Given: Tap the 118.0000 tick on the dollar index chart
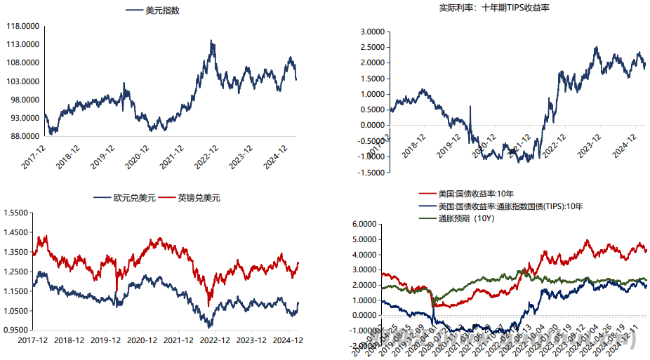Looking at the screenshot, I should (x=22, y=26).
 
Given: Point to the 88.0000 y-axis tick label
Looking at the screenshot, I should (x=22, y=136).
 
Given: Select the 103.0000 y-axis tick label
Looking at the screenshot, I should (x=22, y=81).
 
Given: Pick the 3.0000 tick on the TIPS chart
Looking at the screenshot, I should (x=373, y=32).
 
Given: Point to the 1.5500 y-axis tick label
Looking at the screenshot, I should (x=15, y=213).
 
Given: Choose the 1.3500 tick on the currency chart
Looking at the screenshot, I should (x=15, y=252).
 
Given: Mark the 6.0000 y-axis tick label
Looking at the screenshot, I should (x=363, y=225).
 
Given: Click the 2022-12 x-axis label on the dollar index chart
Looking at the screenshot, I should (x=208, y=155).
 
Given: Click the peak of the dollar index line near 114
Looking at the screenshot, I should (x=212, y=41).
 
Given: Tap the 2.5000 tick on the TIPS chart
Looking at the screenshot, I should (x=373, y=47).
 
